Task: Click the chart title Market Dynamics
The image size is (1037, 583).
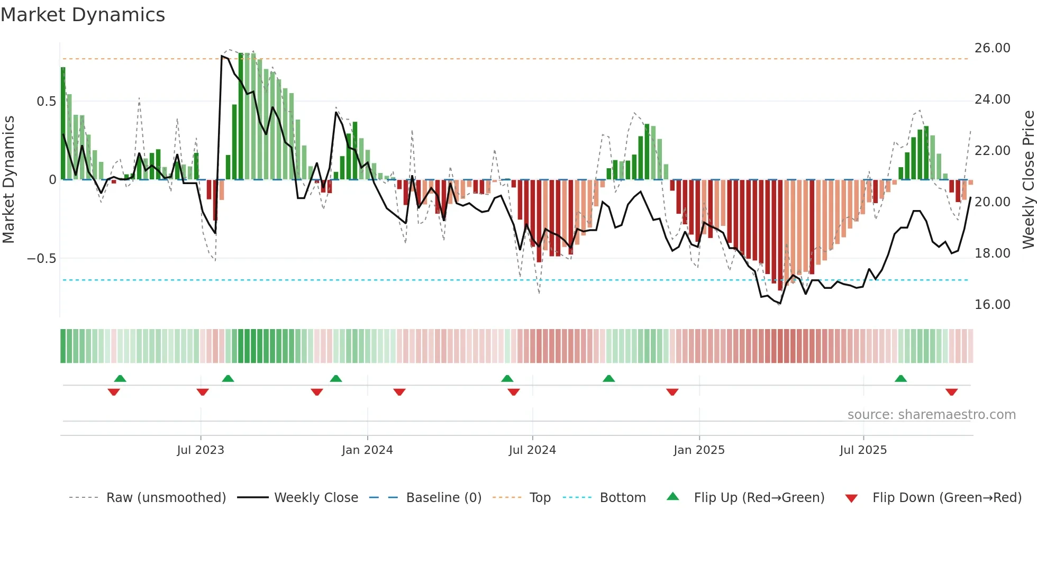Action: click(x=83, y=15)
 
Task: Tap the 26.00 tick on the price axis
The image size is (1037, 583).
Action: click(x=992, y=48)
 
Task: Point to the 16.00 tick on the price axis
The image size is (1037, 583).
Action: click(x=992, y=305)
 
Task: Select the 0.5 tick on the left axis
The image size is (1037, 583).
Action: click(x=46, y=102)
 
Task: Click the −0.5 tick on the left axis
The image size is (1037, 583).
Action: click(x=41, y=259)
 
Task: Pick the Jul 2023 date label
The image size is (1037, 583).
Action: click(x=201, y=450)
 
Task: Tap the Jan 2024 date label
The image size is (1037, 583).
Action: click(x=367, y=450)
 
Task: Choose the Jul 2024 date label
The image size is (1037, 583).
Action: click(x=532, y=450)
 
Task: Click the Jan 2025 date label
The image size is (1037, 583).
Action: click(x=699, y=450)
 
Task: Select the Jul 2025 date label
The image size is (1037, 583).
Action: click(x=863, y=450)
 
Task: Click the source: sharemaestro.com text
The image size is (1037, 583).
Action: click(x=931, y=415)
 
